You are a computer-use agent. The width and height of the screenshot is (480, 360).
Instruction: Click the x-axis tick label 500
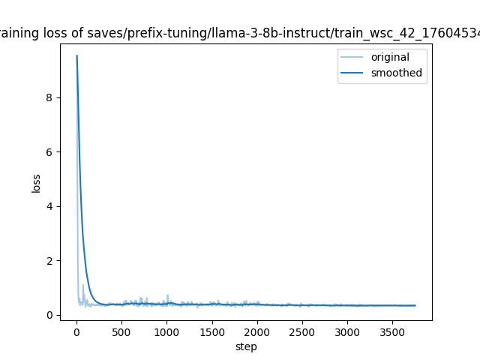tap(121, 331)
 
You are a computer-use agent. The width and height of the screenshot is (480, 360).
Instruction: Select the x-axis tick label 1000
tap(166, 331)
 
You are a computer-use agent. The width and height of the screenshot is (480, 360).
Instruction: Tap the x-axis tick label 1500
tap(212, 331)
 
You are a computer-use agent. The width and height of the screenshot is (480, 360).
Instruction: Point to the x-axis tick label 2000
tap(257, 331)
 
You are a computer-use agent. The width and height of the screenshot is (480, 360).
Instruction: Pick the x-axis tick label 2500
tap(302, 331)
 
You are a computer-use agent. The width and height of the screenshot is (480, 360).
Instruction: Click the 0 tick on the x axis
tap(76, 331)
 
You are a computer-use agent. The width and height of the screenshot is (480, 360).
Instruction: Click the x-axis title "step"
tap(246, 346)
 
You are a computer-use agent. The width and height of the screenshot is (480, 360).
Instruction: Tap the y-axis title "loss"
tap(36, 182)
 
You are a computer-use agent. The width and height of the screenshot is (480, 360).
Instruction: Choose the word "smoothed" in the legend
tap(396, 73)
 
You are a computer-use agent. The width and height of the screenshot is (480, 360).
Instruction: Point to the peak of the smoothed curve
tap(76, 55)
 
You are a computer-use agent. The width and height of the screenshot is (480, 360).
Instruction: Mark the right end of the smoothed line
tap(415, 305)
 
